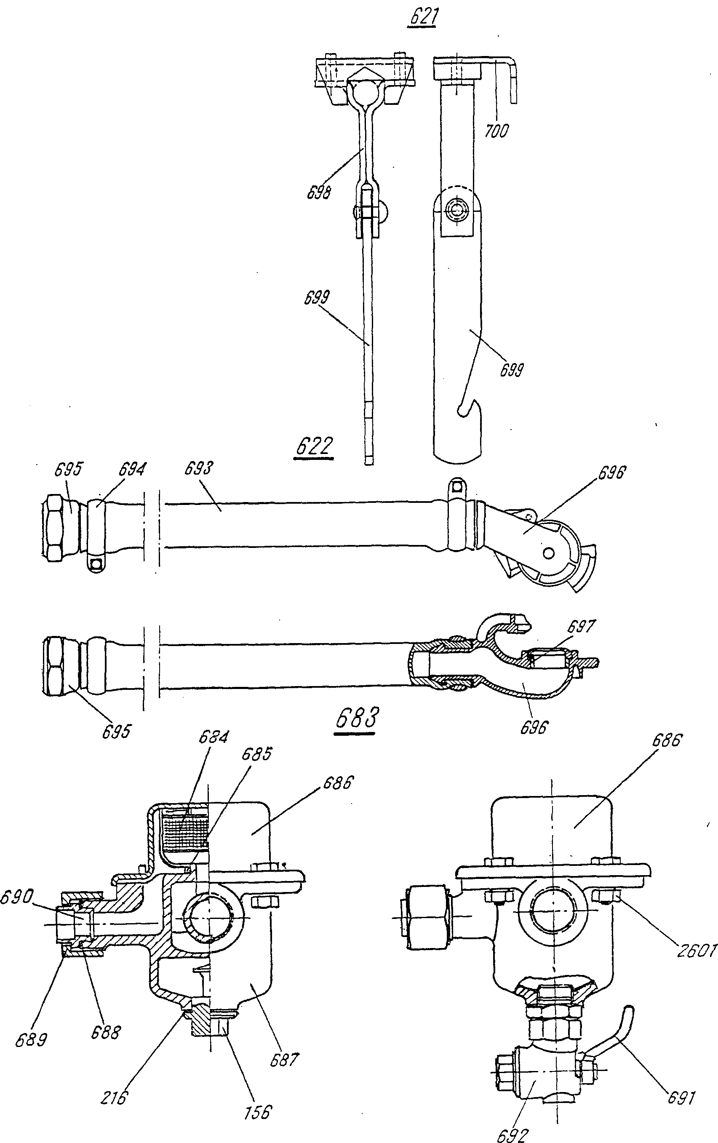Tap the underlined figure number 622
[x=314, y=447]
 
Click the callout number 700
[x=496, y=131]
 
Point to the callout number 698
[x=319, y=192]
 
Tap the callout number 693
[x=198, y=468]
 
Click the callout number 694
[x=132, y=469]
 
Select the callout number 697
[x=581, y=627]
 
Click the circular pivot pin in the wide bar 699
[x=457, y=209]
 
